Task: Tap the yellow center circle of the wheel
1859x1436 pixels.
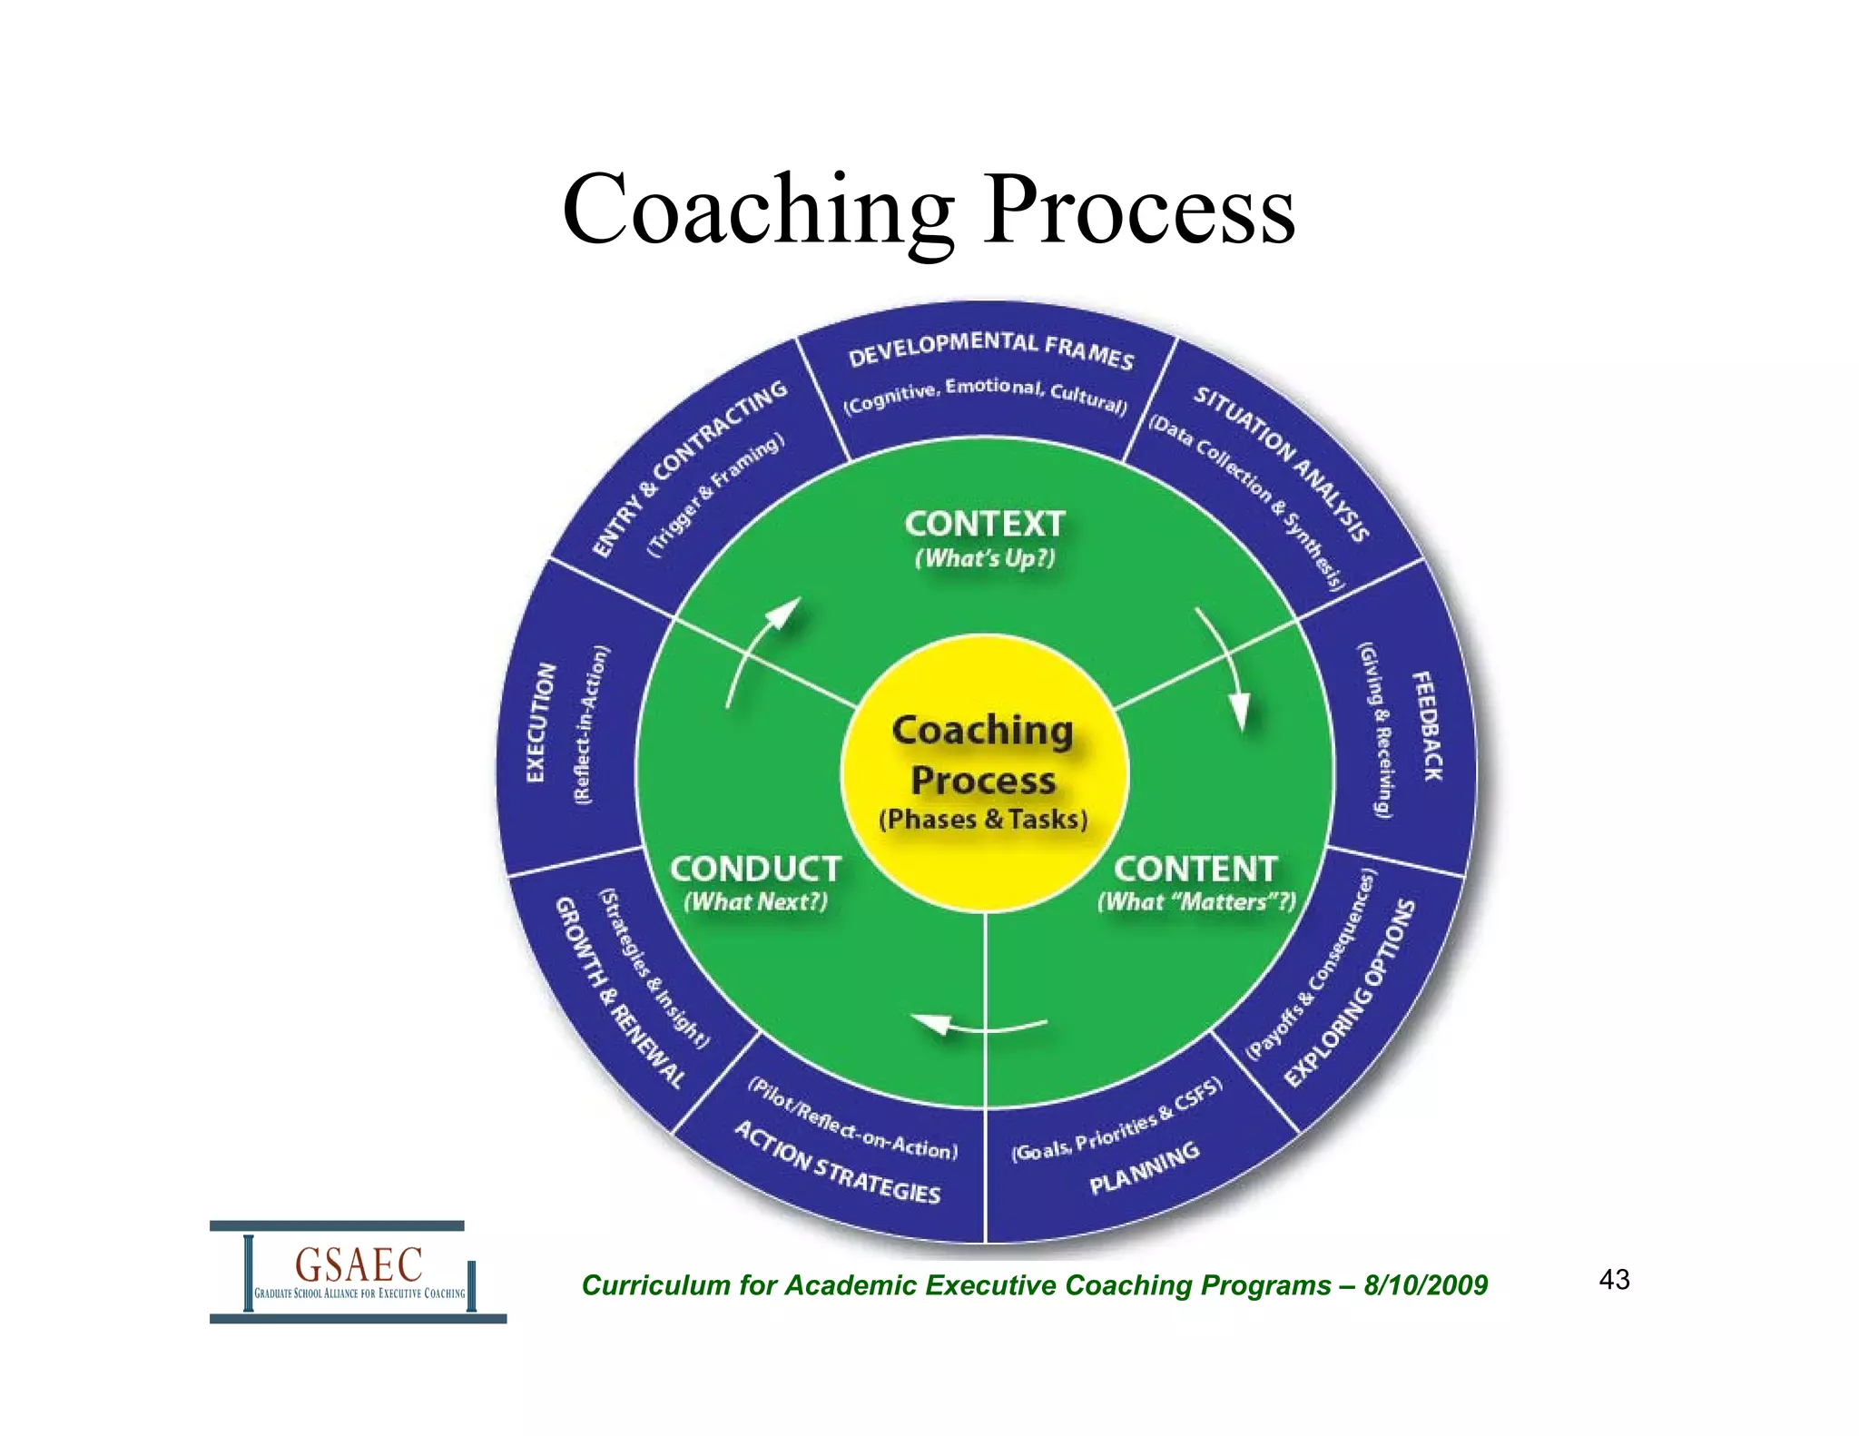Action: pyautogui.click(x=984, y=772)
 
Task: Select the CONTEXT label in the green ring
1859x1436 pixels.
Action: pyautogui.click(x=985, y=525)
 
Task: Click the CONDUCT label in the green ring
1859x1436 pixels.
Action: pyautogui.click(x=755, y=870)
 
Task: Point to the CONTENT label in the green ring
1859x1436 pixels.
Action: pyautogui.click(x=1195, y=870)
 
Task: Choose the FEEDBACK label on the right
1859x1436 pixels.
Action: pyautogui.click(x=1426, y=726)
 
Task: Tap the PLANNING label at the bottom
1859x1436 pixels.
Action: pyautogui.click(x=1145, y=1169)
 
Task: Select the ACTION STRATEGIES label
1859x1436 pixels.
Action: pyautogui.click(x=837, y=1163)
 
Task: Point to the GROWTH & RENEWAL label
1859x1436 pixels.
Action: pyautogui.click(x=618, y=993)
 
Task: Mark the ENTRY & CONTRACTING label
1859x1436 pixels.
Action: pyautogui.click(x=689, y=467)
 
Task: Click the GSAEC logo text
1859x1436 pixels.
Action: pyautogui.click(x=359, y=1264)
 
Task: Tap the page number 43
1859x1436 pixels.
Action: pyautogui.click(x=1614, y=1280)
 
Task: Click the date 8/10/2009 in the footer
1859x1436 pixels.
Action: pyautogui.click(x=1425, y=1285)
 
